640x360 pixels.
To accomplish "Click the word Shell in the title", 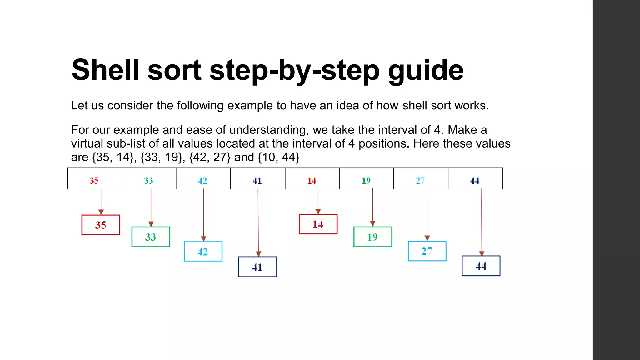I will pos(105,70).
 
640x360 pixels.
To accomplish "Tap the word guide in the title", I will pos(426,71).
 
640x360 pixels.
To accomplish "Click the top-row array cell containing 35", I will pos(95,179).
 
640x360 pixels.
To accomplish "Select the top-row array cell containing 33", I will pos(149,179).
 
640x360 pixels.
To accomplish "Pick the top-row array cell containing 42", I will pos(203,179).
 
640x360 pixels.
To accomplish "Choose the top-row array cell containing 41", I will pos(258,179).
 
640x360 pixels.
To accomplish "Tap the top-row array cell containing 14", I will pos(312,179).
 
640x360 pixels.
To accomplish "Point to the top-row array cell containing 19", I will pos(367,179).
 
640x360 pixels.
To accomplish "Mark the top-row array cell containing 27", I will pos(421,179).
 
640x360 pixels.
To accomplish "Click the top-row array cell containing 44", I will pos(475,179).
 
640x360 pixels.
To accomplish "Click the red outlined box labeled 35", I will pos(101,225).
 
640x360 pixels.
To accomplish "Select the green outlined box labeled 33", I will pos(151,237).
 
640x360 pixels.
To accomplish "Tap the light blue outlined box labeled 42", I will pos(203,252).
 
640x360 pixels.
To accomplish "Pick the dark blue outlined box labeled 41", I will pos(257,267).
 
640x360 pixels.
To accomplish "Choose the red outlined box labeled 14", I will pos(318,224).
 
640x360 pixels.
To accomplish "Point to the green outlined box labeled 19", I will pos(372,237).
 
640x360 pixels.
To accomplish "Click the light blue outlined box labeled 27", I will pos(427,251).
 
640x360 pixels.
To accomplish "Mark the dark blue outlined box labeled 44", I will pos(481,266).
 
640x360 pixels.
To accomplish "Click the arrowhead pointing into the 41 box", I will pos(258,254).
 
